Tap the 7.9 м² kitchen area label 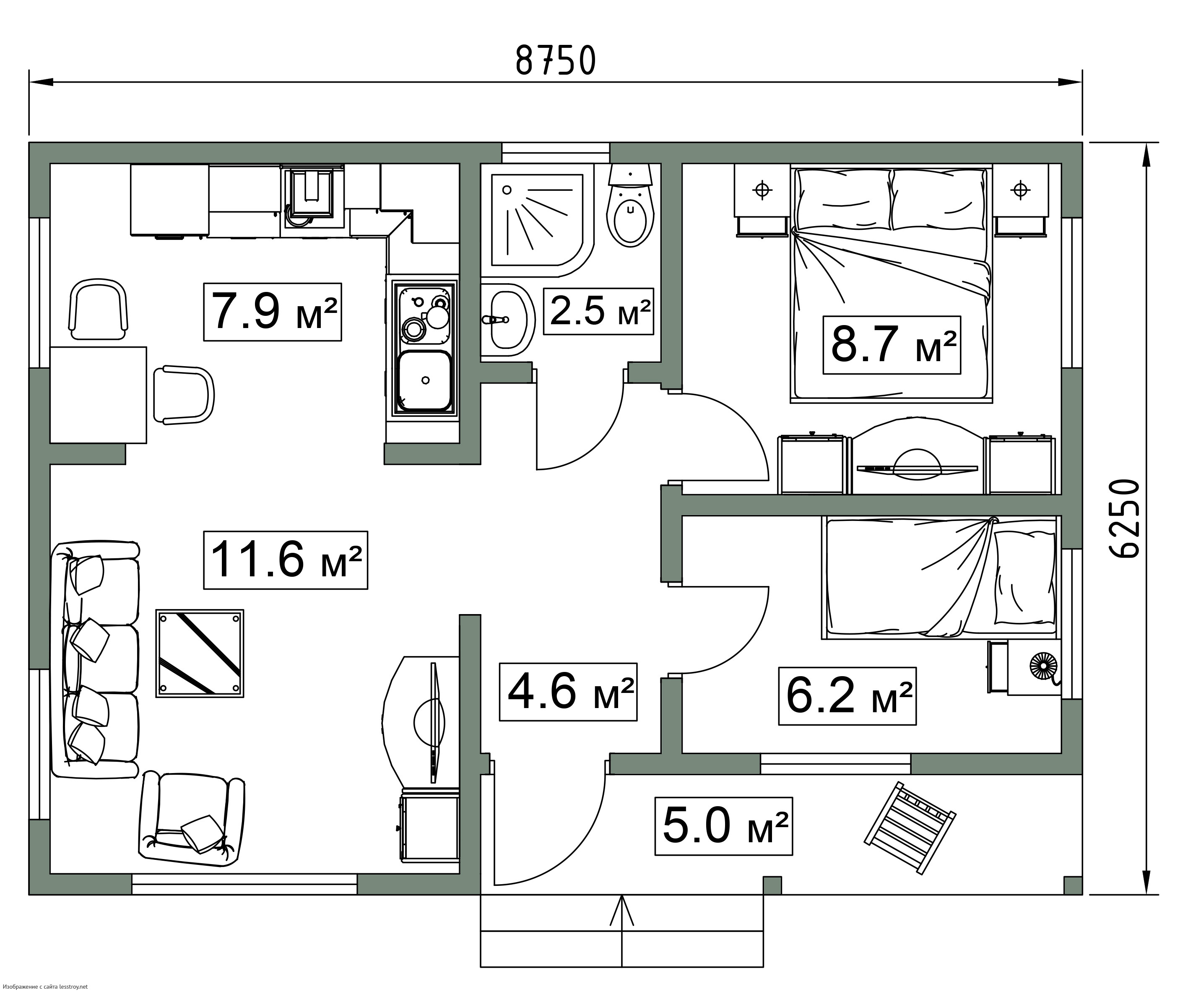273,312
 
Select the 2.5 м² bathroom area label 598,311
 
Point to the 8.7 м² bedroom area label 892,345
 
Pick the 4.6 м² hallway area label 568,692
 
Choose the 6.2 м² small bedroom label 847,695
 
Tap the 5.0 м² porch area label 723,826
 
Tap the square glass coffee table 200,654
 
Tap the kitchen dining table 99,395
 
